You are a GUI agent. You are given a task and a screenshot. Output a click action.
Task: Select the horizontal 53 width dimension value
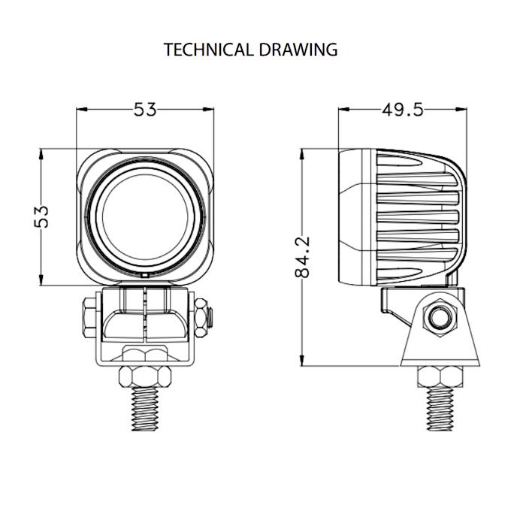tap(145, 110)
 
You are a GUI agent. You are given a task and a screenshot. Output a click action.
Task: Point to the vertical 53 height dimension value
tap(43, 216)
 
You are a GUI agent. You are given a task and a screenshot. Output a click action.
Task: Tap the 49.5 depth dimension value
tap(402, 110)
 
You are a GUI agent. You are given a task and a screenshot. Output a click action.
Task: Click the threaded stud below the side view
tap(437, 411)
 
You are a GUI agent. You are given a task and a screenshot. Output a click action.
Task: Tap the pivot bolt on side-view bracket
tap(437, 319)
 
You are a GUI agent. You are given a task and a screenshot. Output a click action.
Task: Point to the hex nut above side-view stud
tap(437, 375)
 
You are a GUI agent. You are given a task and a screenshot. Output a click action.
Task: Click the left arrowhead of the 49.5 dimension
tap(343, 110)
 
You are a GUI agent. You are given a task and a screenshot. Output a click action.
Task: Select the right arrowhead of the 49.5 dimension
tap(461, 110)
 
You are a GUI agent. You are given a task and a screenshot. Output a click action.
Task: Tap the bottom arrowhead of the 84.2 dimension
tap(302, 361)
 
